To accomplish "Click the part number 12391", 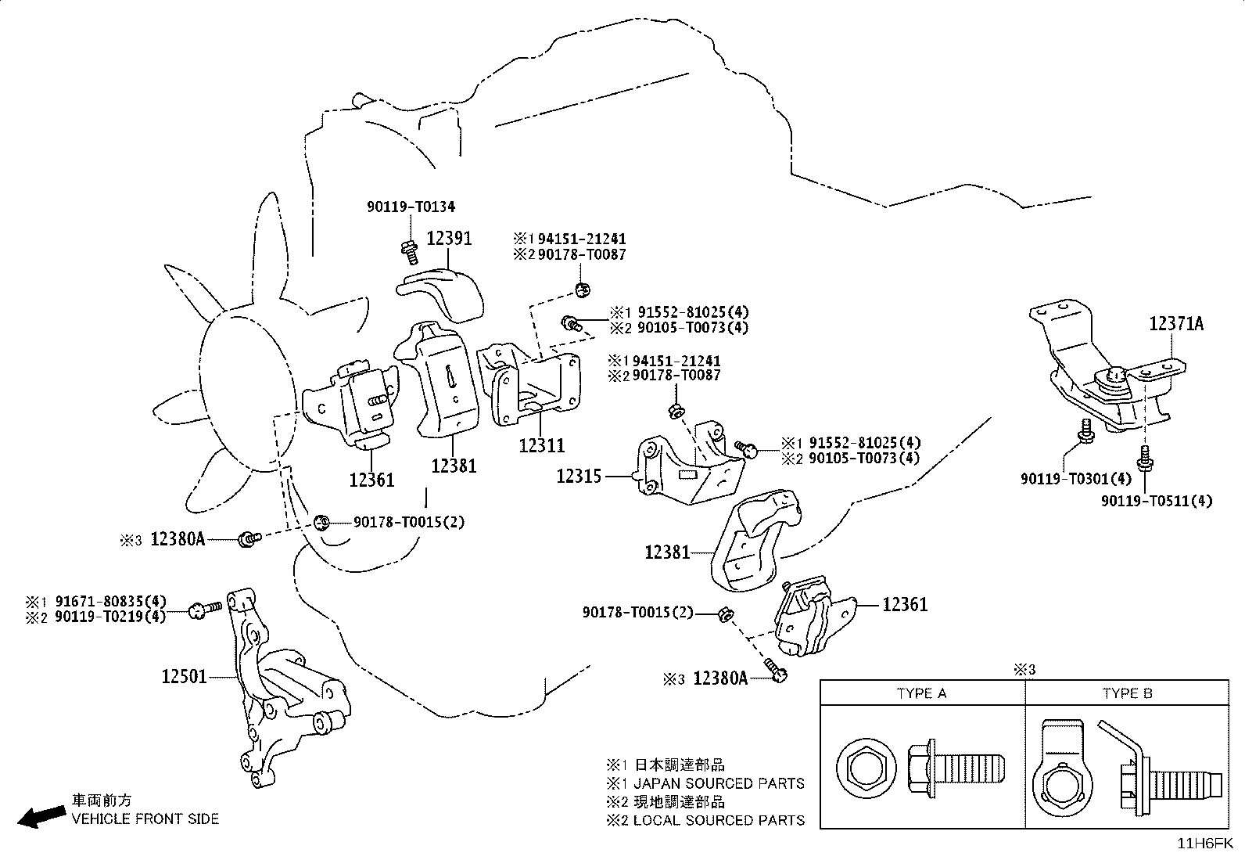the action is (449, 239).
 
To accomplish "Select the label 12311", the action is (541, 445).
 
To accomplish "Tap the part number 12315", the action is (579, 477).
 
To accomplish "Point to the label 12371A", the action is (1176, 324).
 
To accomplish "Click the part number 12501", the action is (184, 676).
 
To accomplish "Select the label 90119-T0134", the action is (411, 207).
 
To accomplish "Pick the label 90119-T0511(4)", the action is (1157, 501).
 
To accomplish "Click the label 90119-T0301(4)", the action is (1076, 478).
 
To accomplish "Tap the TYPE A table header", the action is (921, 693).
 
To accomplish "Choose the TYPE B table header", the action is (1127, 693).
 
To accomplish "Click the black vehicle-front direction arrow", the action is (41, 817).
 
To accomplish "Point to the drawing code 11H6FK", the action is (1205, 844).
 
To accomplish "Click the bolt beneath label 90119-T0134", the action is (410, 253).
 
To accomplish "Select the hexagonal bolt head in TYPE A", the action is (866, 768).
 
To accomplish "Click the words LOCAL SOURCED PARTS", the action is (719, 821).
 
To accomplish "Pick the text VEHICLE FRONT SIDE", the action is (145, 819).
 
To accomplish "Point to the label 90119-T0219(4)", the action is (110, 617).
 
